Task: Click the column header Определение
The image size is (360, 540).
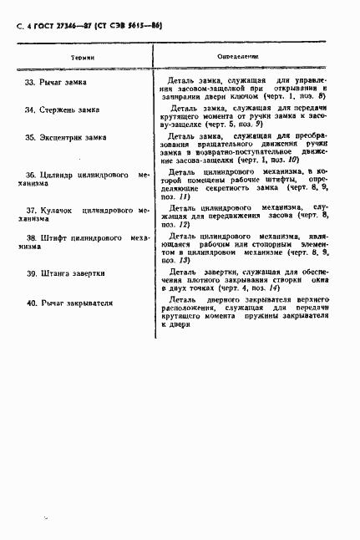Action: point(238,56)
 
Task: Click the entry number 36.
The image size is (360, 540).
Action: point(32,176)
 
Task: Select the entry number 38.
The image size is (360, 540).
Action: point(32,238)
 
